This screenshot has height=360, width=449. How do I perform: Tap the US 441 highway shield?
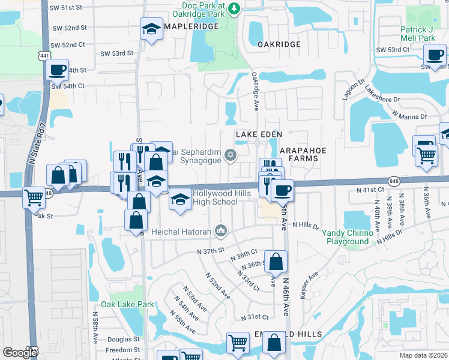click(44, 55)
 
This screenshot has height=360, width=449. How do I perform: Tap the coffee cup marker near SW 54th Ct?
click(58, 70)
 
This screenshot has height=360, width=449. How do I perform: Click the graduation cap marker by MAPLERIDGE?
click(152, 28)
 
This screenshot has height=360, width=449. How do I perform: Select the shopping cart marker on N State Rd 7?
click(34, 197)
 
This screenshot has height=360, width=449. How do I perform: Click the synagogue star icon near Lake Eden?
click(229, 156)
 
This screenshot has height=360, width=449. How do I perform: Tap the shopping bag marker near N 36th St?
click(276, 262)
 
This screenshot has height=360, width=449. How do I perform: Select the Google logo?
click(20, 353)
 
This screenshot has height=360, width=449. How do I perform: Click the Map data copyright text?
click(423, 355)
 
